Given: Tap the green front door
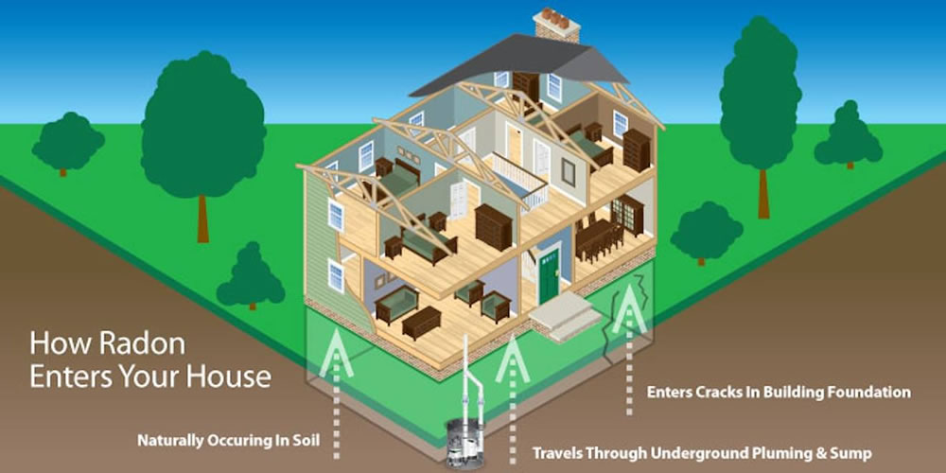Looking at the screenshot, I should tap(549, 274).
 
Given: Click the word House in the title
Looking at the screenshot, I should tap(231, 377).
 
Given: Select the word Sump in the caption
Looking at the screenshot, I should tap(850, 453).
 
